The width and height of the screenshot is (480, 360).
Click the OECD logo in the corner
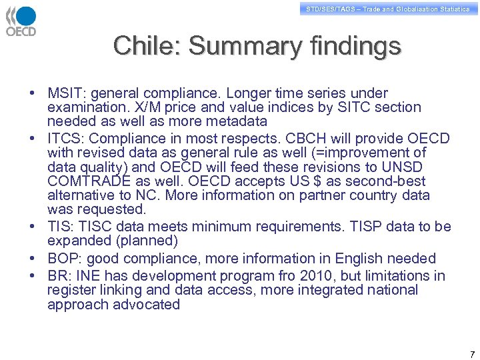(x=21, y=21)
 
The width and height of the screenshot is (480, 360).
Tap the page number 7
(x=472, y=354)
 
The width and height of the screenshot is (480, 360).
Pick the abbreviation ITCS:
(x=66, y=139)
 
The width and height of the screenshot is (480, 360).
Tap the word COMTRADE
(x=83, y=181)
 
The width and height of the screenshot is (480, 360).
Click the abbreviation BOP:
(x=65, y=259)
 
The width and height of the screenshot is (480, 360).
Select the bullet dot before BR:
(x=32, y=276)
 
